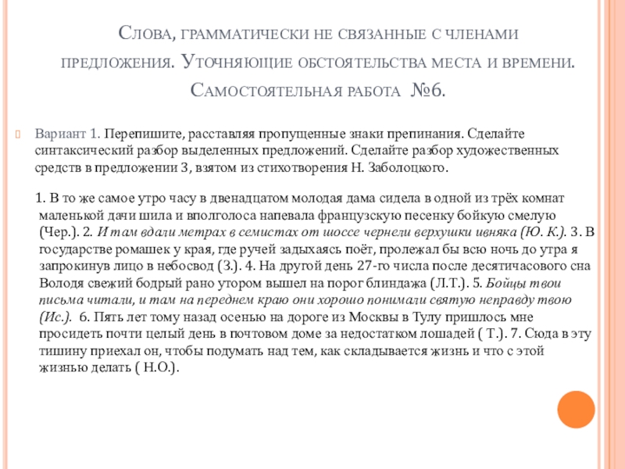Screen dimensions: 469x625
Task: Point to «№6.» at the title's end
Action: pos(428,91)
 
